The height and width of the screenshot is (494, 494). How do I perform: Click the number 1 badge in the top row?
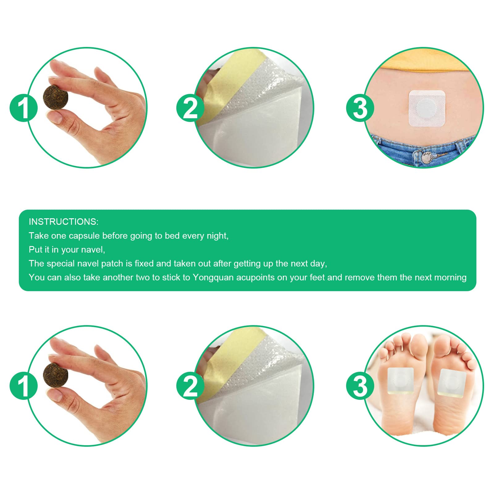(x=24, y=108)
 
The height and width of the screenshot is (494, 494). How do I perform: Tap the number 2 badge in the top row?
(x=190, y=108)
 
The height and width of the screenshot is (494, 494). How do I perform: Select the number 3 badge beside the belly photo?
(x=360, y=108)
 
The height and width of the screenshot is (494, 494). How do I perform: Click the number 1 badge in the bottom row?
(x=24, y=386)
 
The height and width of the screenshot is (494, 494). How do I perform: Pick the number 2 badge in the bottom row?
(x=190, y=386)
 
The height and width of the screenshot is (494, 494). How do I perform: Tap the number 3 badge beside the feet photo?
(x=360, y=386)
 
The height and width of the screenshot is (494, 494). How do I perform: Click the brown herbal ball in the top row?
(x=56, y=97)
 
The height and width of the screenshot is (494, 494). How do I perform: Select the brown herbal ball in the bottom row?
(x=56, y=375)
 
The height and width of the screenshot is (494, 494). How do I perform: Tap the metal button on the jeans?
(x=427, y=157)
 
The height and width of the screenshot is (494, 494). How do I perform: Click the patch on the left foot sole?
(x=400, y=381)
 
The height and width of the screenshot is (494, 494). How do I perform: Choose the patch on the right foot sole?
(x=452, y=382)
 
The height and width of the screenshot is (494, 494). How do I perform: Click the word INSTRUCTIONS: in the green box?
(x=64, y=222)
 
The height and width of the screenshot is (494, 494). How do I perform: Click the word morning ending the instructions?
(x=450, y=278)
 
